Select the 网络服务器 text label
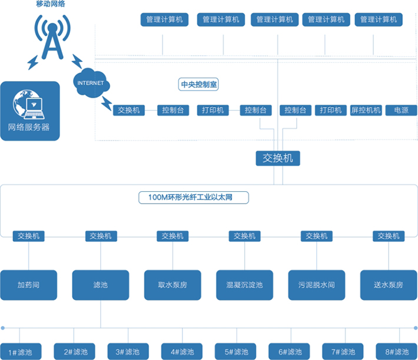click(x=29, y=127)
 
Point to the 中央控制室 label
click(x=198, y=85)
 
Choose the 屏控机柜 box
click(x=366, y=110)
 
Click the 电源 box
click(x=401, y=110)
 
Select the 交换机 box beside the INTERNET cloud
click(x=129, y=110)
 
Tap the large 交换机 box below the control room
click(x=278, y=158)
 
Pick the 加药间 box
click(x=29, y=285)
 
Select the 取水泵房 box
click(x=173, y=285)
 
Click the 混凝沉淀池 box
click(x=245, y=285)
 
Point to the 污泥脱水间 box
click(x=317, y=285)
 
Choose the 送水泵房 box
click(x=389, y=285)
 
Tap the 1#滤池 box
click(x=20, y=352)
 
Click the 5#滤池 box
click(x=234, y=352)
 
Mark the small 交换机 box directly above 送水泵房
click(x=389, y=236)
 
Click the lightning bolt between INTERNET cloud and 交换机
click(x=107, y=104)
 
